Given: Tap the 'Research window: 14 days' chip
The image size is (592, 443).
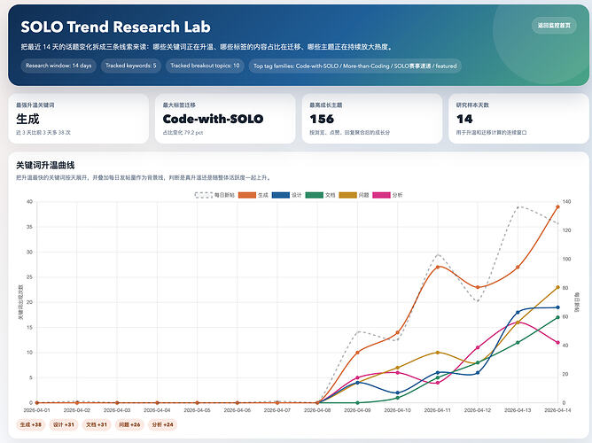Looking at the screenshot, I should click(58, 66).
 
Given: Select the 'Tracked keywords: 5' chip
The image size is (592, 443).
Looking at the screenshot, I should click(130, 66).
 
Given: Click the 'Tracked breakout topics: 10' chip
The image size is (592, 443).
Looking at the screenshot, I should click(205, 66).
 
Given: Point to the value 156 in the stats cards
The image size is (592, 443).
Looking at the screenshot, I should click(322, 119).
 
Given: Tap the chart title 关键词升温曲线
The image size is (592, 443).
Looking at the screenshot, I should click(45, 165).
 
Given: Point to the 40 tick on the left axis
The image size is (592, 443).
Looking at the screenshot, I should click(29, 202).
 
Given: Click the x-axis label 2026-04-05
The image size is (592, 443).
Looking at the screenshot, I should click(198, 410).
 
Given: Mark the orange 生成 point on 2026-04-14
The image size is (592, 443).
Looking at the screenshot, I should click(557, 206).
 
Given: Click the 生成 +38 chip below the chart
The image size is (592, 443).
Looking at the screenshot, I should click(31, 425).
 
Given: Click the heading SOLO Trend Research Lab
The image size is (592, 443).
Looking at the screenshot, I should click(115, 27).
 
